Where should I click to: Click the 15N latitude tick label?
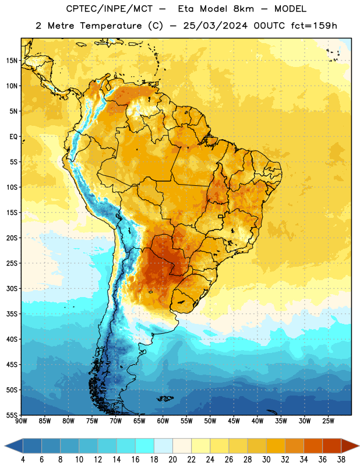[x=12, y=61]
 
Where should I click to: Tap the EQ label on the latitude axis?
[x=13, y=137]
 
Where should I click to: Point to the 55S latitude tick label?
[x=12, y=415]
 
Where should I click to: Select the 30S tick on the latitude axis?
[x=12, y=288]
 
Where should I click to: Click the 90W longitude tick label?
[x=21, y=421]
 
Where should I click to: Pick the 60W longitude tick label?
[x=163, y=421]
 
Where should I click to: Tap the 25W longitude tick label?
[x=328, y=421]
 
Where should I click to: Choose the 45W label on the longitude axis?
[x=234, y=421]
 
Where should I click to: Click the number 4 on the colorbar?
[x=23, y=460]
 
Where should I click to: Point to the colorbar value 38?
[x=341, y=460]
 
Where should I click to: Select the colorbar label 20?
[x=172, y=460]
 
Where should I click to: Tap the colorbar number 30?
[x=266, y=460]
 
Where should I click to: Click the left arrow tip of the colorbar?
[x=5, y=446]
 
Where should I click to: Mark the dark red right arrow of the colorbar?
[x=350, y=446]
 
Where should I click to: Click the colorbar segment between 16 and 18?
[x=145, y=446]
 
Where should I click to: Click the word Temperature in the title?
[x=111, y=26]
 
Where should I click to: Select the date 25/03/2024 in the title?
[x=215, y=26]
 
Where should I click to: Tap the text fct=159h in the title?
[x=314, y=26]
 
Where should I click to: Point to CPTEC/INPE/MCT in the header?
[x=110, y=9]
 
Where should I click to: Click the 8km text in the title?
[x=243, y=9]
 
